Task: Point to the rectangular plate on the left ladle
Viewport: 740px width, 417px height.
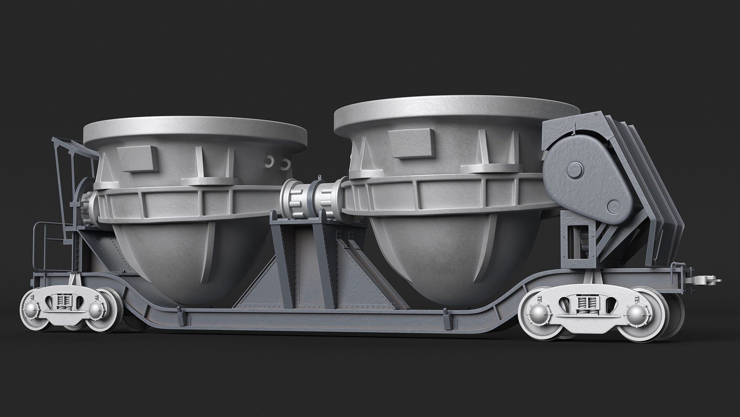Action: [x=137, y=158]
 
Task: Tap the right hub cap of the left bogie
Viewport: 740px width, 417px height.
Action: [x=96, y=309]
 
